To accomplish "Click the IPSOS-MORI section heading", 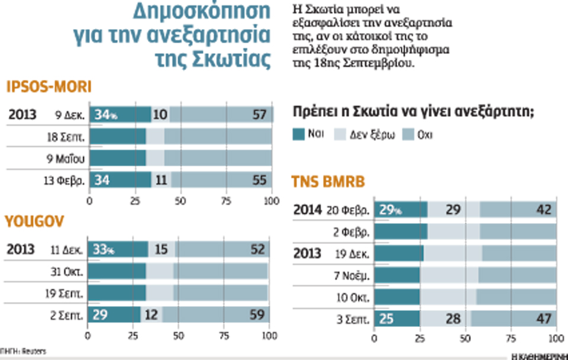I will coord(49,88).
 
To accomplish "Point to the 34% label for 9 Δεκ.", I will coord(105,114).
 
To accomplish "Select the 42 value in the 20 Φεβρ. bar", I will coord(543,210).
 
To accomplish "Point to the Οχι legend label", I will coord(425,134).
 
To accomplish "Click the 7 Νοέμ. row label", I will coord(353,275).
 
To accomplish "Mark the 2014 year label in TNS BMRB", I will coord(308,210).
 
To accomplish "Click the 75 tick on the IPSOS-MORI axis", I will coord(226,201).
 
